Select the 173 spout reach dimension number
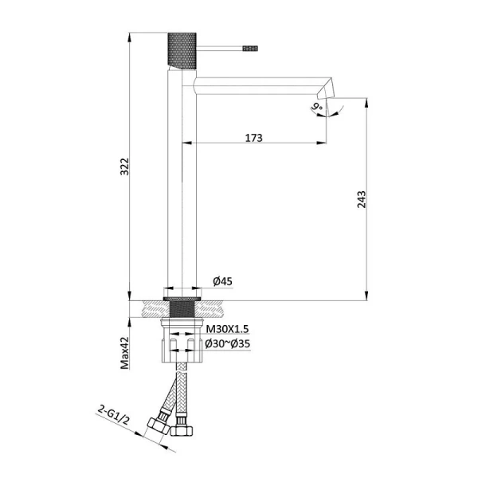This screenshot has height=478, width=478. [253, 137]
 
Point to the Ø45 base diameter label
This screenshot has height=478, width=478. [222, 280]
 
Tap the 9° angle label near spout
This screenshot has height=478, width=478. [316, 106]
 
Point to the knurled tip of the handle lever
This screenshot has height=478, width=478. [249, 48]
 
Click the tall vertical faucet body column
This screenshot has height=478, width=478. [179, 183]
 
